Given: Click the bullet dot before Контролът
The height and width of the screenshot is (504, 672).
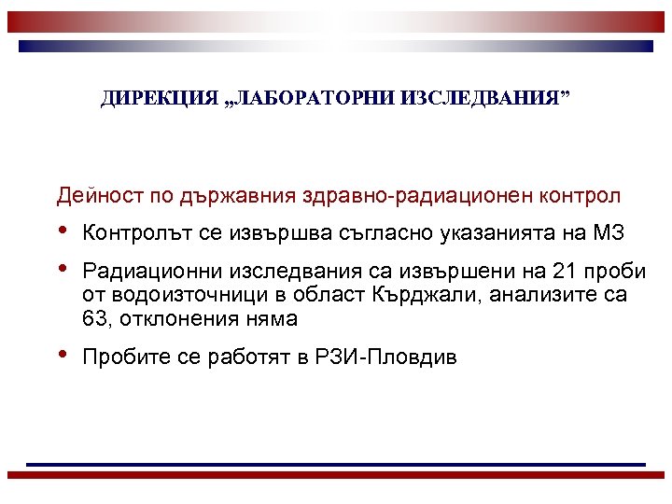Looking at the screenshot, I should point(63,231).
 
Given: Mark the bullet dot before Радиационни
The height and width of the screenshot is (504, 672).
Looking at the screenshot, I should point(63,270).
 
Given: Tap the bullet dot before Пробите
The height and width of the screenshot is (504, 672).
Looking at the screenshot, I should point(63,357).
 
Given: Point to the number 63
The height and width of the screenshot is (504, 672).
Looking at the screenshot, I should point(95,320).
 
